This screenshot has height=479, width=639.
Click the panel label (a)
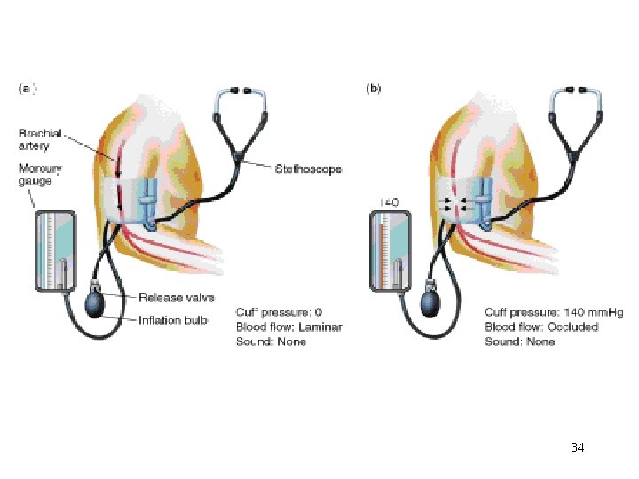28,89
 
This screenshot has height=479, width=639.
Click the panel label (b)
374,89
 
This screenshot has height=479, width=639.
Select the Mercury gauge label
36,174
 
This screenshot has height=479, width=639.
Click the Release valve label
176,297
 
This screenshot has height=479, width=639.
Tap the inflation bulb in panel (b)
432,303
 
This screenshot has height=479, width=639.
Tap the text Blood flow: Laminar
288,326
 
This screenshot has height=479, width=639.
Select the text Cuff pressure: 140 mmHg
541,312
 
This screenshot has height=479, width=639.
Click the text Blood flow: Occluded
540,326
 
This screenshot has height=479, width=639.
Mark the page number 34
577,447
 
